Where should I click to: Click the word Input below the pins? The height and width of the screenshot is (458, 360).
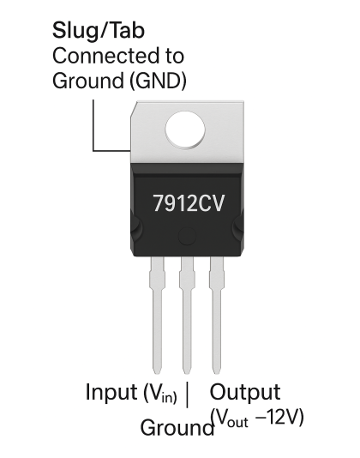click(x=109, y=393)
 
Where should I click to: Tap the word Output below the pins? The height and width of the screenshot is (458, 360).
click(x=245, y=393)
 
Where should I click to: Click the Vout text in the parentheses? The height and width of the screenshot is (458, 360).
click(x=231, y=421)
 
